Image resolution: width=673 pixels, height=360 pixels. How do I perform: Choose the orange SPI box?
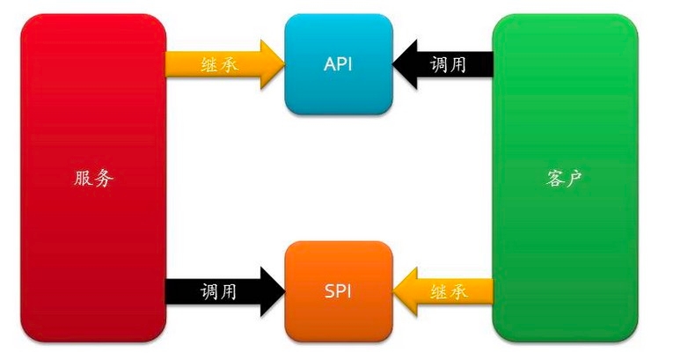click(339, 290)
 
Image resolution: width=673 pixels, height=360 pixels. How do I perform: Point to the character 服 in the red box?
click(84, 179)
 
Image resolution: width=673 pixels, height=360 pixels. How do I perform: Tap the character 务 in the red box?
click(105, 179)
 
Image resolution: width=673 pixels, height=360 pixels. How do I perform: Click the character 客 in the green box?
click(554, 179)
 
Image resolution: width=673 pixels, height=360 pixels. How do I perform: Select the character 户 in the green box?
click(575, 179)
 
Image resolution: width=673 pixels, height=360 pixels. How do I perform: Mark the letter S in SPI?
click(326, 290)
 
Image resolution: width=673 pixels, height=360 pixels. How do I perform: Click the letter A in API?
click(327, 62)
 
